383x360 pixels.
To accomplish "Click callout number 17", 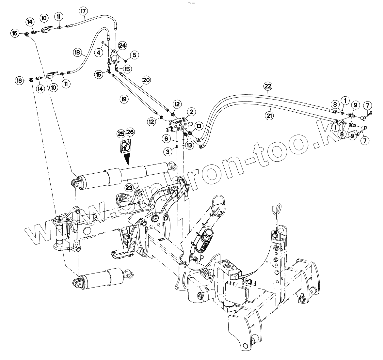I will tap(83, 11).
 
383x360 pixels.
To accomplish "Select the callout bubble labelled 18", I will tap(77, 52).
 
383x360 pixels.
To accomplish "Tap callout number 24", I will tap(122, 45).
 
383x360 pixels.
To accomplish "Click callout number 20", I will tap(146, 80).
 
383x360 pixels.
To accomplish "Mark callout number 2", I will tap(191, 112).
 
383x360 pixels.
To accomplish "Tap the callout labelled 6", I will tap(167, 139).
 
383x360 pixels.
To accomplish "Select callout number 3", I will tap(168, 151).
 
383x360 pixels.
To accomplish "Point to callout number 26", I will tap(130, 132).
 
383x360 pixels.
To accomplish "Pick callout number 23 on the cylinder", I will tap(128, 187).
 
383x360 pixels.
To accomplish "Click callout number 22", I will tap(268, 86).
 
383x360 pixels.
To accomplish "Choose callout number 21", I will tap(269, 116).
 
